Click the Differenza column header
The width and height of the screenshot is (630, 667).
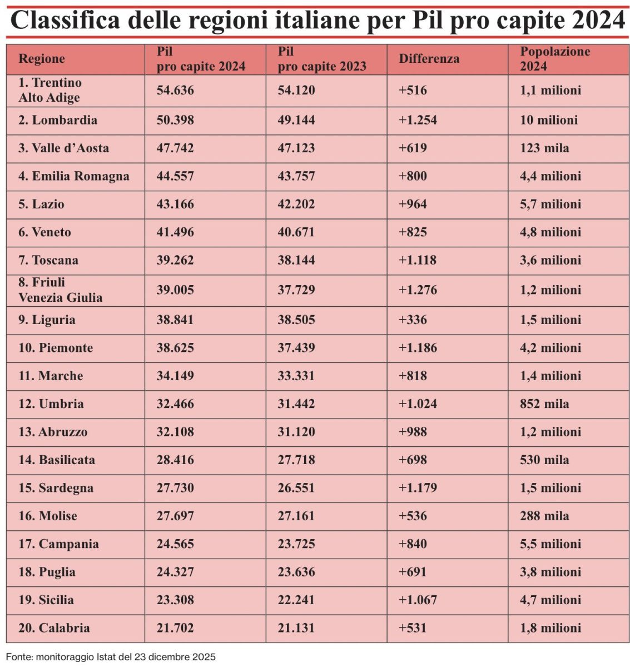click(x=429, y=59)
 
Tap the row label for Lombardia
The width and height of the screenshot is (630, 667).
click(x=58, y=120)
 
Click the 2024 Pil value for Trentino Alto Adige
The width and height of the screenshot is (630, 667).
click(x=175, y=90)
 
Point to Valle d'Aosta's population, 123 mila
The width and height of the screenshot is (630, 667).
click(x=544, y=148)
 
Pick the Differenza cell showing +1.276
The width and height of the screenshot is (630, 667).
click(x=418, y=290)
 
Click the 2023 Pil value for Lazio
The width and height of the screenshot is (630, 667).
click(x=296, y=205)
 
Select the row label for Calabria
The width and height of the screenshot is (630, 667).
click(x=54, y=628)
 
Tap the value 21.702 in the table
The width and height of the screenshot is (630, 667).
click(x=175, y=628)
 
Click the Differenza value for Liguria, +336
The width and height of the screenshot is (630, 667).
click(x=413, y=320)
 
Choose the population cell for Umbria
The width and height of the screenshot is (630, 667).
click(x=544, y=404)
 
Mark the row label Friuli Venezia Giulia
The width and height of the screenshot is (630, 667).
click(x=60, y=290)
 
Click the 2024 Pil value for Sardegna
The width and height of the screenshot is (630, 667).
click(x=175, y=488)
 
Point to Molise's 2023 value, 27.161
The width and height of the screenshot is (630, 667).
click(x=296, y=516)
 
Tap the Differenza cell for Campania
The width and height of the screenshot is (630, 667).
click(x=413, y=544)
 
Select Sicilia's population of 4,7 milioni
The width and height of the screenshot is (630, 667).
click(x=550, y=600)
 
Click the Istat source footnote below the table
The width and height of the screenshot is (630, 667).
click(x=111, y=657)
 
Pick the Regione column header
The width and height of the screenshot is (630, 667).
click(x=42, y=59)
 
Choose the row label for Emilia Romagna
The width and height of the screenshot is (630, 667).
click(x=73, y=176)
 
